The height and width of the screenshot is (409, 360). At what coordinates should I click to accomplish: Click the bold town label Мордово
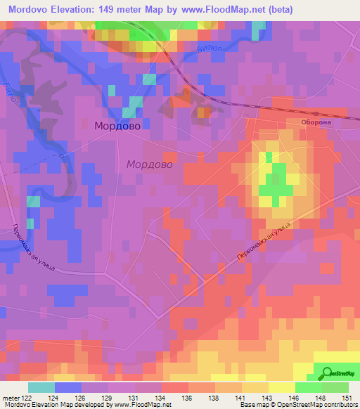tap(117, 125)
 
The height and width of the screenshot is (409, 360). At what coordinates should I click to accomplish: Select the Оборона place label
tap(316, 122)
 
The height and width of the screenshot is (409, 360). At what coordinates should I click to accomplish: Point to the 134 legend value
tap(162, 397)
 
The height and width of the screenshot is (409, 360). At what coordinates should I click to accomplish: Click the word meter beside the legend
tap(8, 397)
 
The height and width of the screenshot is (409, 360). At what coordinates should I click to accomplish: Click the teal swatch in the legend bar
tap(41, 387)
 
